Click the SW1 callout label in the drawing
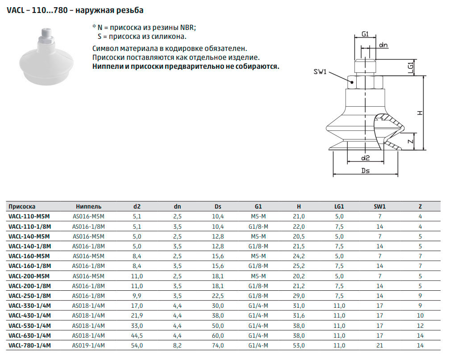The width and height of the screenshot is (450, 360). pos(320,71)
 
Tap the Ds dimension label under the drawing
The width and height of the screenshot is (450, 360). pos(365,171)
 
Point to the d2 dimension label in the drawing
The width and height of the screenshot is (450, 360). pos(365,158)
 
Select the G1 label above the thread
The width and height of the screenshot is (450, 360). pos(365,34)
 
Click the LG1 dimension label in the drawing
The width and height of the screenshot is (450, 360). pos(411,68)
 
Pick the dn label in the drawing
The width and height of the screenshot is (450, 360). pos(383,45)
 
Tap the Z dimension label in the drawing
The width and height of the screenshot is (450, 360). pos(411,141)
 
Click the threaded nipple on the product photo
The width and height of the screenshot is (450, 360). pos(46,36)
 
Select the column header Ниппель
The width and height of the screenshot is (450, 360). pos(89,206)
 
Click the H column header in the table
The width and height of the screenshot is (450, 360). pos(299,206)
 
